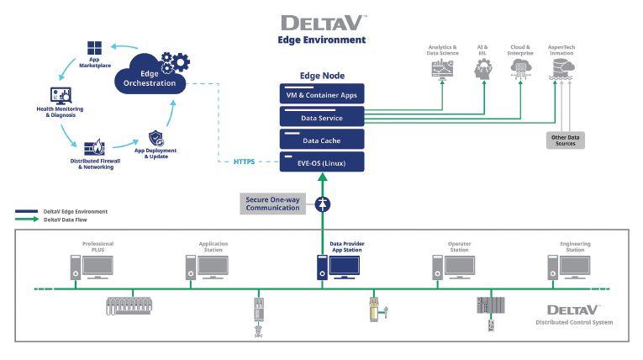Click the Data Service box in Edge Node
[x=321, y=118]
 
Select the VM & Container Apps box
[x=321, y=95]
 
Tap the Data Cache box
[x=321, y=140]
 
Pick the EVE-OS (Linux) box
[x=321, y=162]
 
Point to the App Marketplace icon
[x=95, y=48]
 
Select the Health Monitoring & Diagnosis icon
[x=61, y=95]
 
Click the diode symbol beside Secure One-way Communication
[x=322, y=204]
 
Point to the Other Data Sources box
[x=565, y=139]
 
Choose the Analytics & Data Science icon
[x=443, y=68]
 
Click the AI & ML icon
[x=482, y=68]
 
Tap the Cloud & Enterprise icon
[x=519, y=68]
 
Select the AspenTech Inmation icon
[x=561, y=68]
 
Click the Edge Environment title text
[x=321, y=40]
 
